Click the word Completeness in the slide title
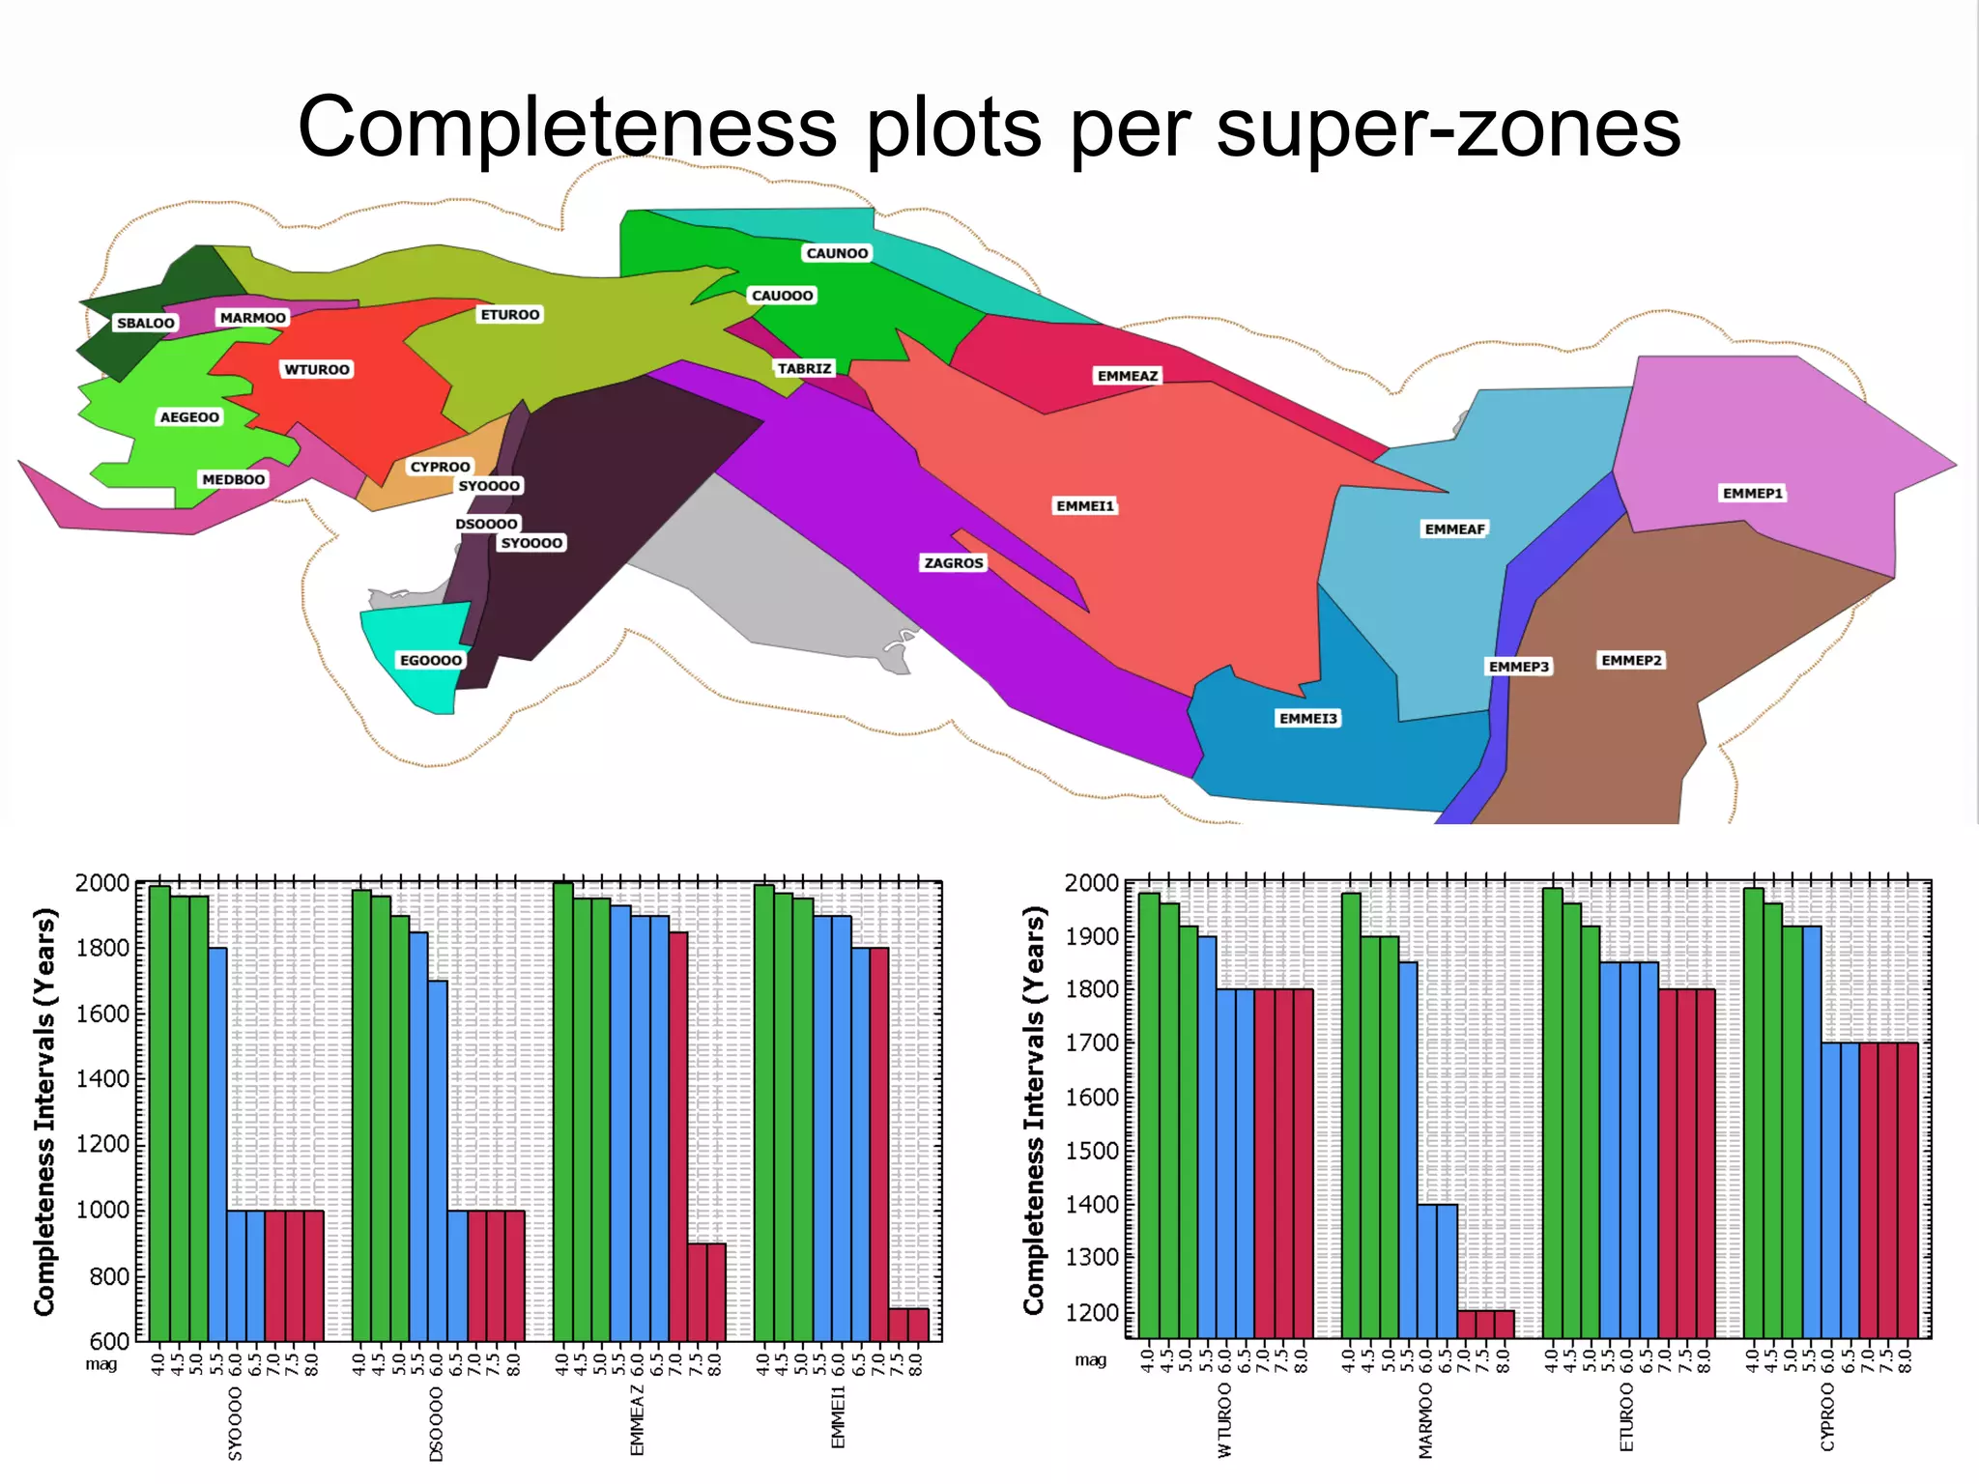[x=567, y=128]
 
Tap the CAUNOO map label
[x=837, y=253]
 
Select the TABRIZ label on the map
[x=804, y=368]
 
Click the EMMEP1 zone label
[x=1752, y=493]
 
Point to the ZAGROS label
[x=953, y=562]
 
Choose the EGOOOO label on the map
[x=431, y=660]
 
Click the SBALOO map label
[x=146, y=323]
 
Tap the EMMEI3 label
[x=1307, y=718]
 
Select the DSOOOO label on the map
[x=486, y=524]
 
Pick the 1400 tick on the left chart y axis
[x=102, y=1079]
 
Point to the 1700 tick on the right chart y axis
[x=1091, y=1043]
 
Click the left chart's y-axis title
[x=44, y=1111]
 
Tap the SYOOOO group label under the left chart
[x=235, y=1423]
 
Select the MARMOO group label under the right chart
[x=1425, y=1420]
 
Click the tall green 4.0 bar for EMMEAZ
[x=562, y=1111]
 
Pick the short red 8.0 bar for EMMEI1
[x=918, y=1325]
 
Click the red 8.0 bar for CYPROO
[x=1907, y=1188]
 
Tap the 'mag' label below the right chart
[x=1090, y=1360]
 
